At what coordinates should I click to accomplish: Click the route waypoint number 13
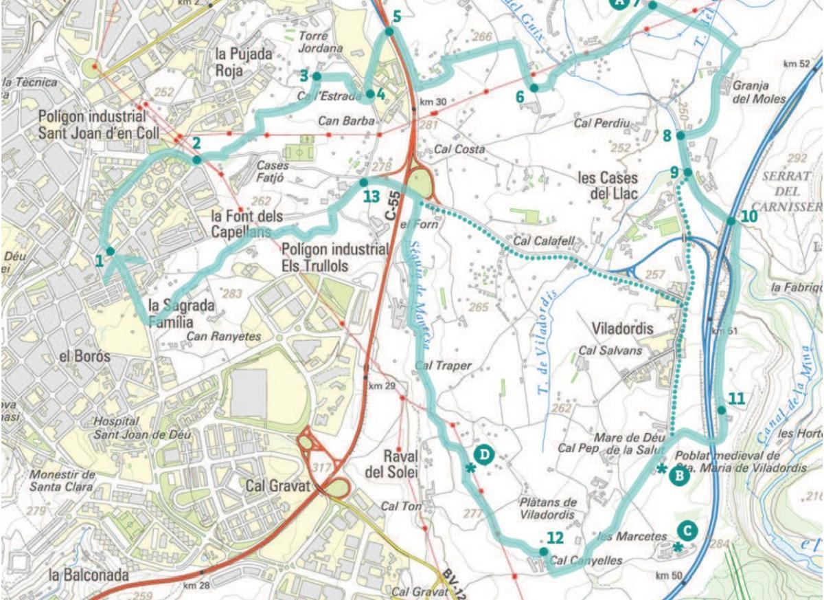(x=371, y=197)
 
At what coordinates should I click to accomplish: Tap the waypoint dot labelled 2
(x=196, y=159)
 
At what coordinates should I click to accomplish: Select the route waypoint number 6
(x=520, y=97)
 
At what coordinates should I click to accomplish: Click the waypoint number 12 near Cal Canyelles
(x=556, y=538)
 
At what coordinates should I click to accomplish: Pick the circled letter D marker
(x=484, y=454)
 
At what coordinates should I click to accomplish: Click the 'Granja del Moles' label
(x=758, y=92)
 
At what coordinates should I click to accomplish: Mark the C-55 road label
(x=391, y=205)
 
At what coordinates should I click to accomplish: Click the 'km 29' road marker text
(x=382, y=386)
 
